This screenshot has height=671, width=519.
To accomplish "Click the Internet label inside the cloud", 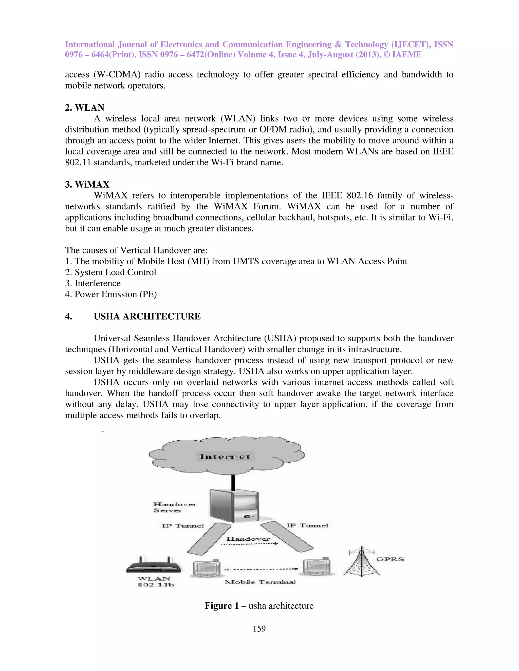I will click(x=225, y=457).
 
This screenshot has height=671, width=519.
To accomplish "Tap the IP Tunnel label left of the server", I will click(x=183, y=526).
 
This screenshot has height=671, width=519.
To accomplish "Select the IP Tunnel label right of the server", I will click(x=307, y=525).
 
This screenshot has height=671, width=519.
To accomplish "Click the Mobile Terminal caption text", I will click(x=260, y=582).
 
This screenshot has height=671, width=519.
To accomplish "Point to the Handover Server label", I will click(x=174, y=507).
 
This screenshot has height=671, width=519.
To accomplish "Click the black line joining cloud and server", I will click(x=233, y=483).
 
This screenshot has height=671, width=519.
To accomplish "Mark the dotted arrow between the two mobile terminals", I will click(x=261, y=569).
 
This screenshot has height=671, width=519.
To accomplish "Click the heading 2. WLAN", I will click(x=85, y=108).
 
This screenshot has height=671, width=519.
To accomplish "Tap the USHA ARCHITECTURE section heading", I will click(x=147, y=316).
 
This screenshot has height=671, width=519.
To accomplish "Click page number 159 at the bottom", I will click(x=259, y=629).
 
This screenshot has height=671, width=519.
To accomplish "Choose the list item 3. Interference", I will click(x=93, y=283).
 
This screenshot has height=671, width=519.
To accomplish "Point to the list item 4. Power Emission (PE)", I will click(x=111, y=294).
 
